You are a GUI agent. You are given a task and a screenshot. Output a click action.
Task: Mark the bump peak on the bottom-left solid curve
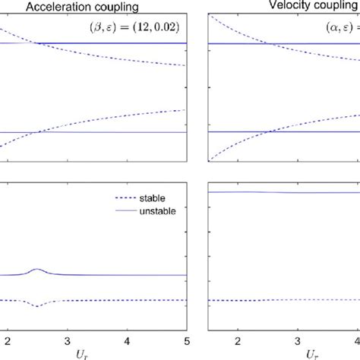click(37, 270)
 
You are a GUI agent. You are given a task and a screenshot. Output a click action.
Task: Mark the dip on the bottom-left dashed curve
click(37, 306)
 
